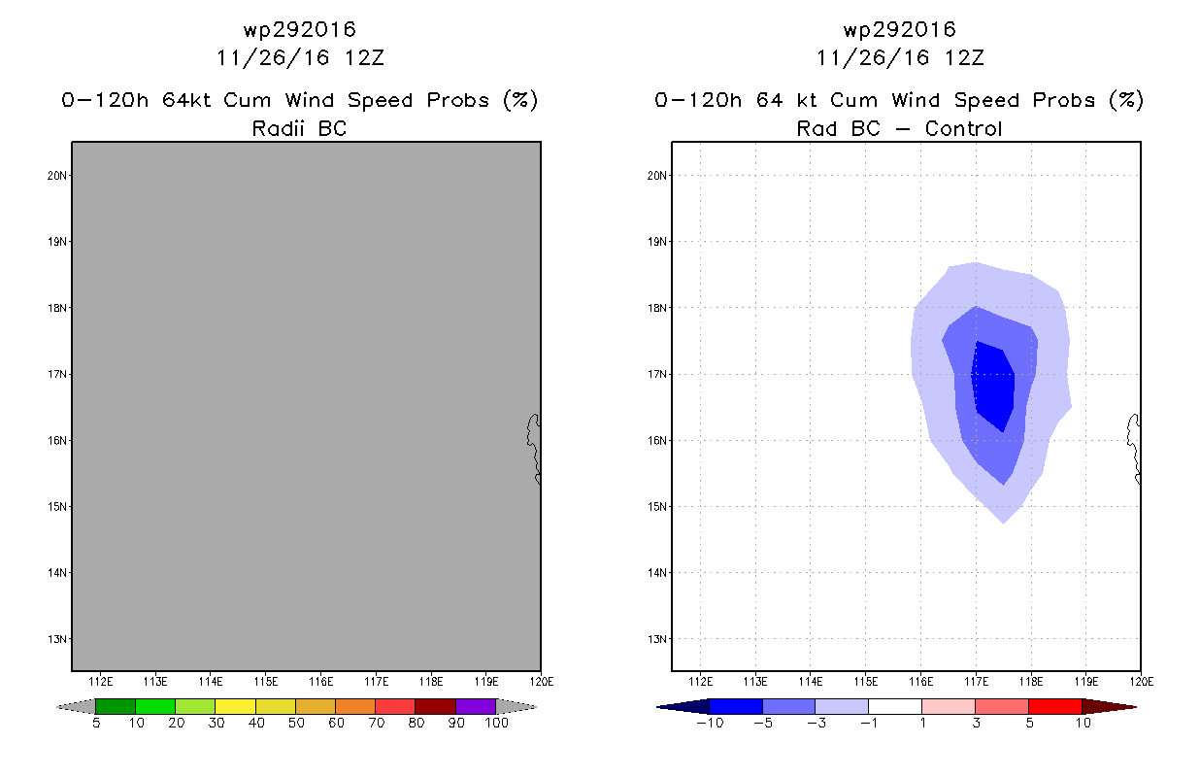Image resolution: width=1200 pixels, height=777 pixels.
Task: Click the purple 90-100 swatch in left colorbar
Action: [x=476, y=706]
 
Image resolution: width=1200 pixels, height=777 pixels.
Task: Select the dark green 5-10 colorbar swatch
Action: [x=116, y=706]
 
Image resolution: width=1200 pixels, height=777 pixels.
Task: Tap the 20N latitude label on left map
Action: [x=58, y=175]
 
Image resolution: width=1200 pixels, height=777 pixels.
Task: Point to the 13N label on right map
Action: [x=658, y=638]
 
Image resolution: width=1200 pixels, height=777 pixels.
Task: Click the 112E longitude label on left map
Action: [x=101, y=680]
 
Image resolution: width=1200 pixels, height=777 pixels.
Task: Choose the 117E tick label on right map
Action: [x=976, y=680]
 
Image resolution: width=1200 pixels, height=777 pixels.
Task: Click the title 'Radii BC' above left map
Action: [x=299, y=128]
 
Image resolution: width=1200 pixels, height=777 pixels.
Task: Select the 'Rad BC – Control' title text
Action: [x=899, y=128]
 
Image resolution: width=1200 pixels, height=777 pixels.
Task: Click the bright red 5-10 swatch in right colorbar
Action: [x=1054, y=706]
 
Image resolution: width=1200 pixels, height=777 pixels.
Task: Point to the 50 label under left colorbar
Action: [x=295, y=723]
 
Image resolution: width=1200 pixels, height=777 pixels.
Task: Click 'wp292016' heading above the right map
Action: [x=899, y=29]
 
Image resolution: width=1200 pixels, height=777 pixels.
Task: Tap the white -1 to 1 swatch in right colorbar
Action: [x=894, y=706]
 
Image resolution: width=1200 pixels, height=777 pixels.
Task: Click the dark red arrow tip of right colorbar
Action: [x=1117, y=706]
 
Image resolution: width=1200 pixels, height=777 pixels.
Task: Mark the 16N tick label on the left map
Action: [x=58, y=440]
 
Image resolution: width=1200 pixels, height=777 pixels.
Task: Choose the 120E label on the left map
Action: [x=541, y=680]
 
